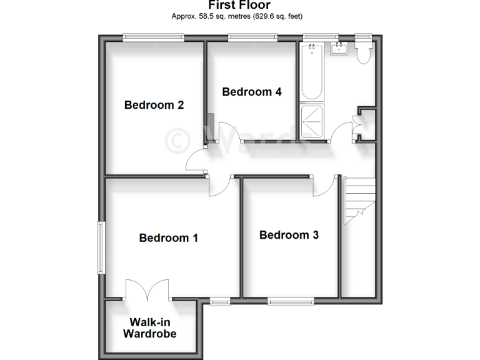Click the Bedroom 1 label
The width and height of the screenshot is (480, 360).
(x=168, y=237)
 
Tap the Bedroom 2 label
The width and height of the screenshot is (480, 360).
(x=154, y=104)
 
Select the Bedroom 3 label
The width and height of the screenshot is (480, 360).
(x=289, y=235)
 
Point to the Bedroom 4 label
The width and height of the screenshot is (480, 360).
(x=252, y=92)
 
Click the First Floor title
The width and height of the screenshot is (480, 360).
(x=239, y=6)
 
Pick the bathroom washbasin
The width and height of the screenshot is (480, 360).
(x=339, y=49)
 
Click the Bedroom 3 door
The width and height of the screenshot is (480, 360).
(x=323, y=185)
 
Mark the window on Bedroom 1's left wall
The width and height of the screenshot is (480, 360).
(x=99, y=247)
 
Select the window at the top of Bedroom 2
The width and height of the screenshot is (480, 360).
(x=153, y=37)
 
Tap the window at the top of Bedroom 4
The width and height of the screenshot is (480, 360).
(x=252, y=37)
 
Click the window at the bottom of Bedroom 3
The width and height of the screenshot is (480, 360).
(x=292, y=302)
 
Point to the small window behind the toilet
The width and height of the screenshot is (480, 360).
(x=362, y=37)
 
